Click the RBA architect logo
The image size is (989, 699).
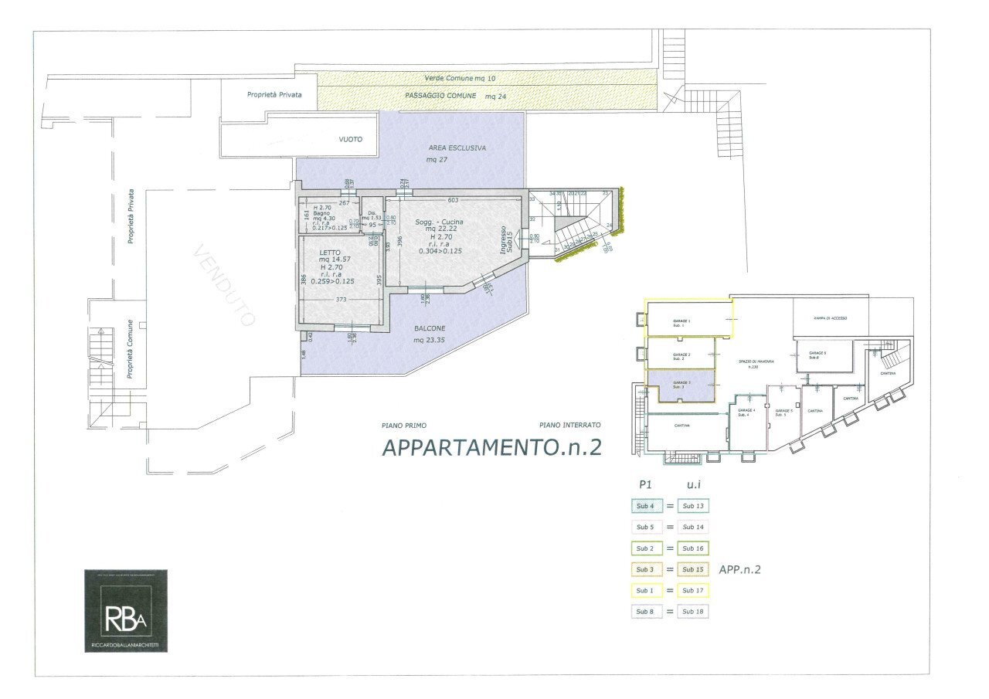[x=125, y=610]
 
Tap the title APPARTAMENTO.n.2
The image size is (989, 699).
[x=492, y=447]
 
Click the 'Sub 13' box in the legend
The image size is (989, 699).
[x=693, y=506]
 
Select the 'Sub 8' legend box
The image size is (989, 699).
[x=643, y=612]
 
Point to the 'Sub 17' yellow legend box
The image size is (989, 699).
[x=693, y=591]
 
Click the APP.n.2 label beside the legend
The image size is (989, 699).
[x=741, y=570]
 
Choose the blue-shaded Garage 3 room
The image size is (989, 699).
[x=685, y=385]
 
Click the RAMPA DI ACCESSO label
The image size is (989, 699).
[x=831, y=317]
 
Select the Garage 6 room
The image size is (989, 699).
[x=824, y=355]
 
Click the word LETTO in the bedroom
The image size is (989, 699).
[x=330, y=252]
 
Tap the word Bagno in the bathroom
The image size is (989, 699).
[x=321, y=213]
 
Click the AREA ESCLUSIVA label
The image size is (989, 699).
[x=457, y=148]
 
